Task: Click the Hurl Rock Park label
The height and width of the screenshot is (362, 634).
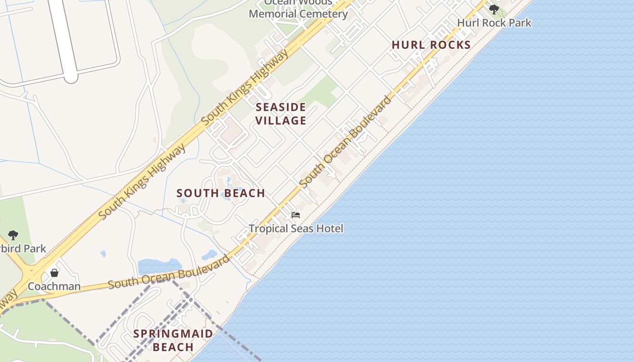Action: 494,23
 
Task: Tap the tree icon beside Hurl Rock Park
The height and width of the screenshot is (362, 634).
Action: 494,9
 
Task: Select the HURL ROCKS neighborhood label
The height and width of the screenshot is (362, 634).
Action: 431,45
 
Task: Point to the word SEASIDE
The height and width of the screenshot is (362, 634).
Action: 281,107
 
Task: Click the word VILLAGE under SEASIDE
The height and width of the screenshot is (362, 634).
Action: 281,120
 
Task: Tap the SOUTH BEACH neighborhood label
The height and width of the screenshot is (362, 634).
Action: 221,193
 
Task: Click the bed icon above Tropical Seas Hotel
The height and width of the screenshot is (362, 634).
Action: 296,215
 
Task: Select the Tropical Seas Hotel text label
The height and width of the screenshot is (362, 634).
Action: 296,229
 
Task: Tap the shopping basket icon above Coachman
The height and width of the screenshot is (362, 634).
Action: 54,273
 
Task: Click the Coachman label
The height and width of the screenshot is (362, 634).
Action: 54,286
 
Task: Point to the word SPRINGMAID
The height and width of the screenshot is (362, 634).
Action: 173,334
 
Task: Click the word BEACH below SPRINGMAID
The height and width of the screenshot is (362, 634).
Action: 173,347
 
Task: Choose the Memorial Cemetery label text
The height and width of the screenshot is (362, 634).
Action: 298,14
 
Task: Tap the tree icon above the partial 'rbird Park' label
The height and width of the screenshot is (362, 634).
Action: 13,235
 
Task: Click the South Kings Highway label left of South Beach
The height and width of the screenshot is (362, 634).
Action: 142,182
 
